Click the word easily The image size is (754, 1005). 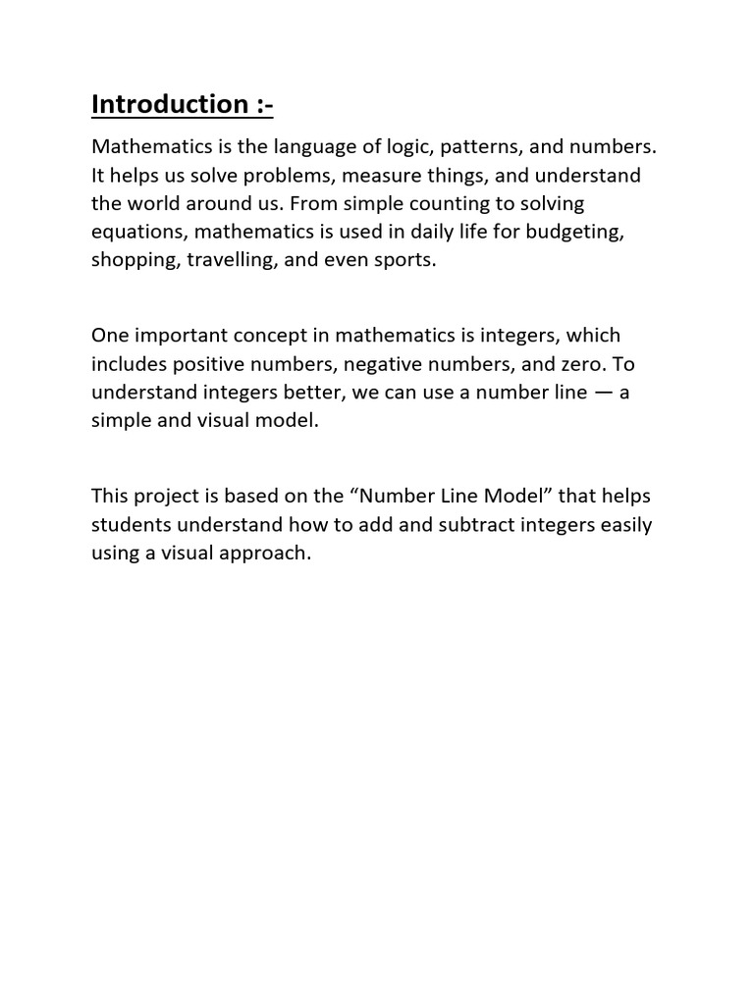[x=623, y=524]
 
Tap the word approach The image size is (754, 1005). [x=268, y=553]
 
